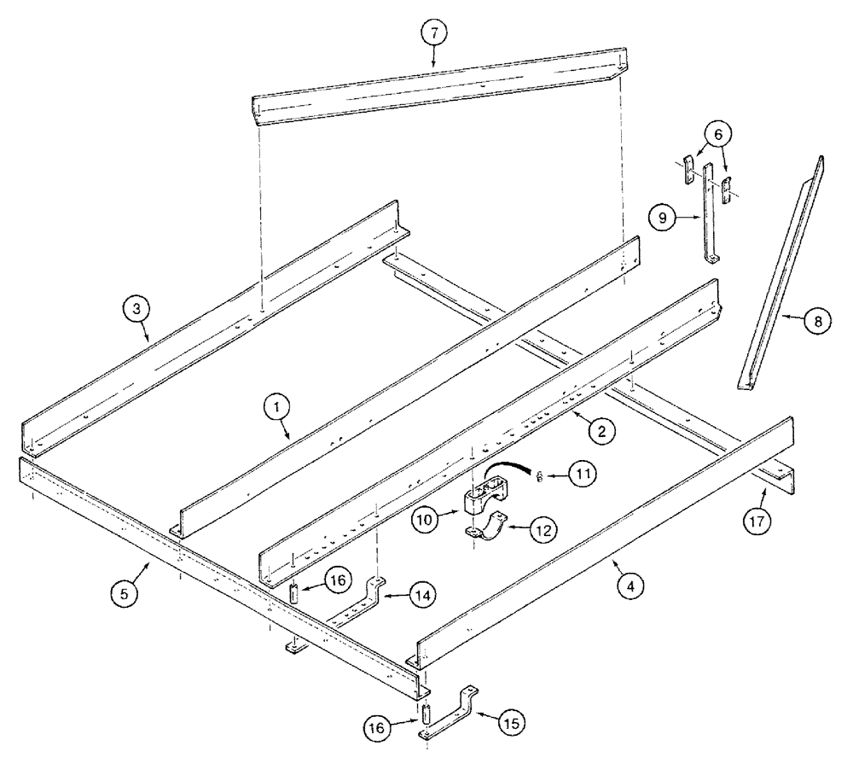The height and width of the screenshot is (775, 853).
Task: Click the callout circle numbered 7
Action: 432,33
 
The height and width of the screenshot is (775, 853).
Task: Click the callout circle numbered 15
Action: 509,721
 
